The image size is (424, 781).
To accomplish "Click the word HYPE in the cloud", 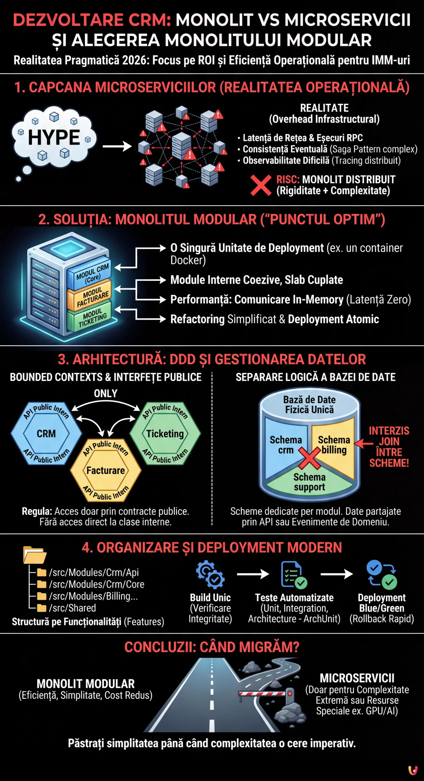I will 54,137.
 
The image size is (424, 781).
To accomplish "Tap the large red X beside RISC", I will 261,185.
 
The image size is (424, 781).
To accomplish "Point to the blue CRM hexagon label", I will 46,434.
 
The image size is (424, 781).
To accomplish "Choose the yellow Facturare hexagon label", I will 106,470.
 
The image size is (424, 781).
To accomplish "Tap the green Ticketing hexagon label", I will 165,434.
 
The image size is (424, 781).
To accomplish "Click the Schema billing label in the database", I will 334,445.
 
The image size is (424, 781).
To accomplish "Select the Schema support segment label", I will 309,482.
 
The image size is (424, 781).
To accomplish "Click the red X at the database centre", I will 309,458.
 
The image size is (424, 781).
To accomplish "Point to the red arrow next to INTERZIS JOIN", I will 363,443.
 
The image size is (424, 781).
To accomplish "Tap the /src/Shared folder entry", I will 72,608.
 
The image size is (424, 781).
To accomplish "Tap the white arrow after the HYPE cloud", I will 117,146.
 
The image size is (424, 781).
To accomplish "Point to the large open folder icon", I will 34,555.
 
